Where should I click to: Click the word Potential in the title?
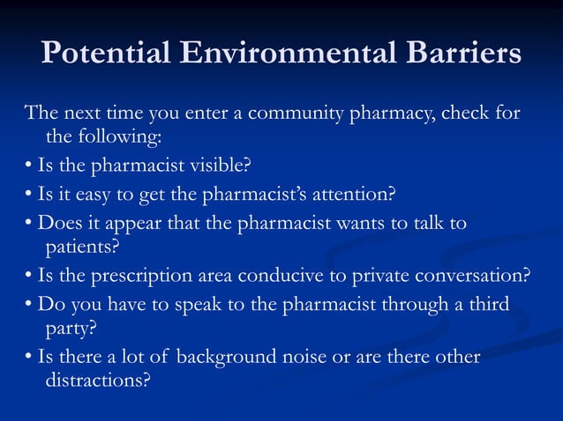(x=107, y=54)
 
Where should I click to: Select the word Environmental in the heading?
(x=287, y=54)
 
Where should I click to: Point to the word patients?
(x=81, y=247)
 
